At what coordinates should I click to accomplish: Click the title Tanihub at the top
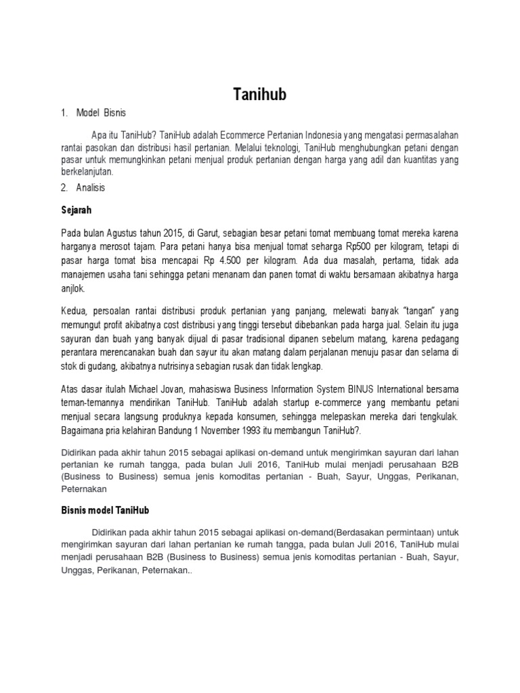(259, 95)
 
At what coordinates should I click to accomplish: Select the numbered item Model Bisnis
(101, 112)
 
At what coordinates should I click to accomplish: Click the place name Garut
(199, 233)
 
